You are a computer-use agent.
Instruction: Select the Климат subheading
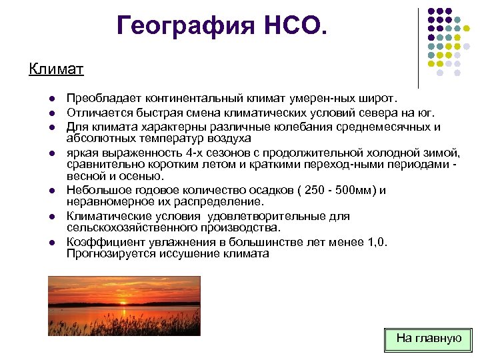[56, 69]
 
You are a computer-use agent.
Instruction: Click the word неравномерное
[107, 201]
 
